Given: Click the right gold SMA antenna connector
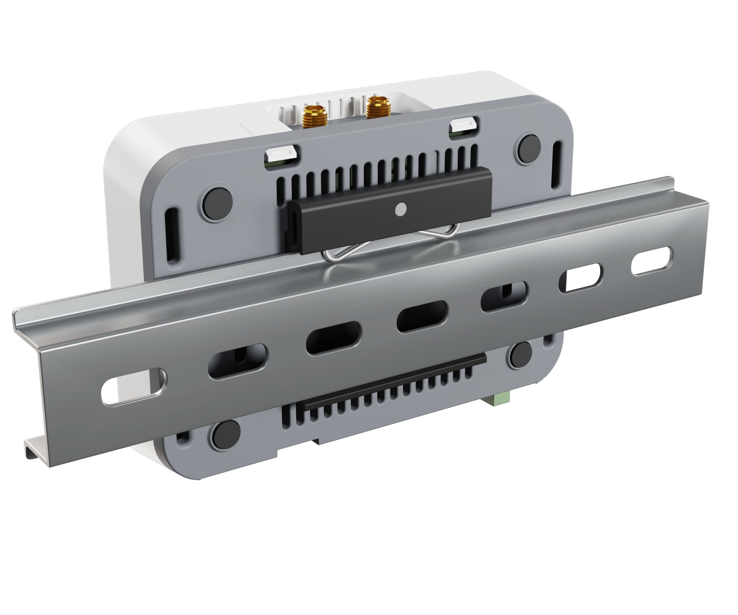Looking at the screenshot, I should (378, 107).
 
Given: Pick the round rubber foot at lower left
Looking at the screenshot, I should (226, 435).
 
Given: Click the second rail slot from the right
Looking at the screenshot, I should (581, 278).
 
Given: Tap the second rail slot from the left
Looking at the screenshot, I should (238, 361).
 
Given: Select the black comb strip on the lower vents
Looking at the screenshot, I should (394, 383).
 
